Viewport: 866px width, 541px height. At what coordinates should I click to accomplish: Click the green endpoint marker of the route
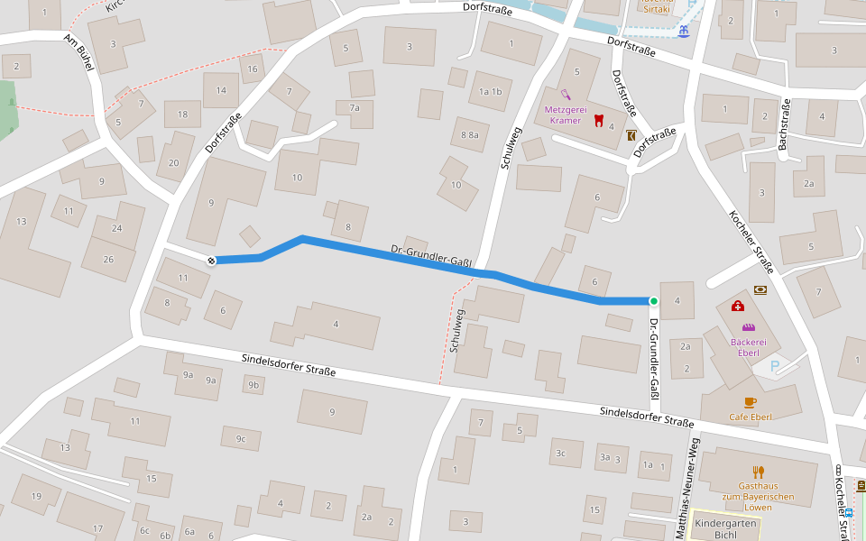[x=653, y=301]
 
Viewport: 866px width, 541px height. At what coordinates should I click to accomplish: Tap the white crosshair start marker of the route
[x=211, y=261]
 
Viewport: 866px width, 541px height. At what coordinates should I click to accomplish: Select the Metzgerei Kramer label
[x=564, y=115]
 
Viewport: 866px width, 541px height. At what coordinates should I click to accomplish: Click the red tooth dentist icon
[x=596, y=118]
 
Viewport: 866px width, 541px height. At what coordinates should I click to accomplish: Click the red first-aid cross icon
[x=737, y=307]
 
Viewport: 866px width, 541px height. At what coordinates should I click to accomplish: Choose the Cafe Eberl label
[x=750, y=417]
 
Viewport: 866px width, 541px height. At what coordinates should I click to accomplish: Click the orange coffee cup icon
[x=750, y=401]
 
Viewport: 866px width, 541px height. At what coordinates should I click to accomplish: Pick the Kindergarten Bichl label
[x=724, y=529]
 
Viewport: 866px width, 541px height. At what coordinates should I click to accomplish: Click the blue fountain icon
[x=683, y=31]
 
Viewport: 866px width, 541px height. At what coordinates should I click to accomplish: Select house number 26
[x=108, y=260]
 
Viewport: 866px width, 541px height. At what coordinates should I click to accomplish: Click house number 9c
[x=241, y=439]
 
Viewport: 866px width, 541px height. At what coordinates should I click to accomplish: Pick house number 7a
[x=355, y=108]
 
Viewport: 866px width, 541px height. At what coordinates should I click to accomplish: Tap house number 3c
[x=560, y=453]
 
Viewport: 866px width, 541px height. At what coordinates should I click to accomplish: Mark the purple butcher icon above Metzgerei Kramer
[x=566, y=93]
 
